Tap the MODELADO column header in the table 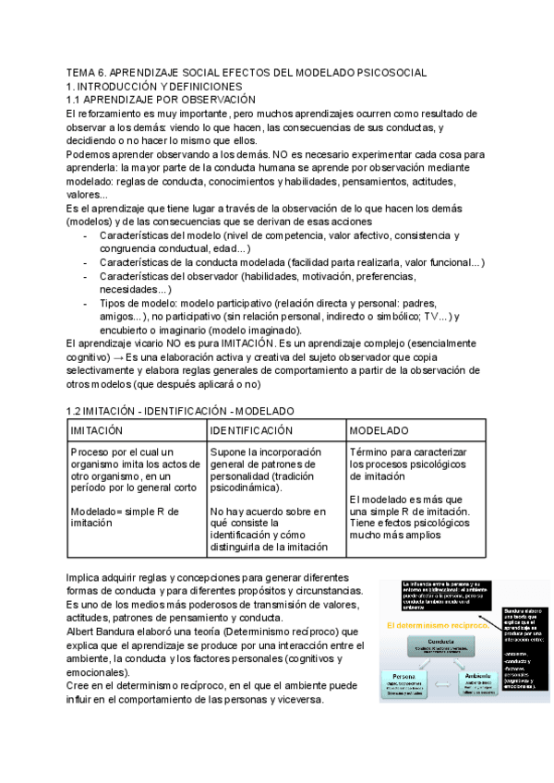click(x=379, y=430)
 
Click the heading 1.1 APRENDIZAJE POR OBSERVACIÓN click(x=162, y=99)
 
